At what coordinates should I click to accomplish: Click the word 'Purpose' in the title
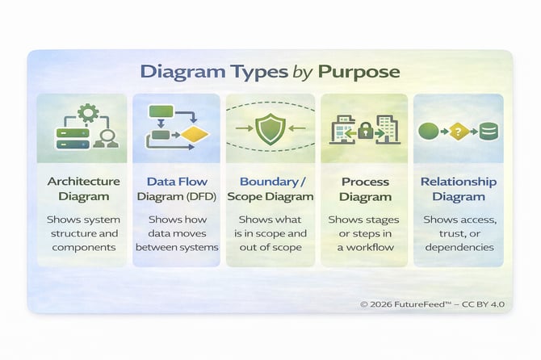[359, 71]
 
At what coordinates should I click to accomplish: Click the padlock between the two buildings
[365, 131]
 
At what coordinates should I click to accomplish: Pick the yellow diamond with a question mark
[457, 131]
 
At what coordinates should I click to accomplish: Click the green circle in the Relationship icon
[429, 131]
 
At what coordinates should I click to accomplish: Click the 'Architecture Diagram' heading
[83, 189]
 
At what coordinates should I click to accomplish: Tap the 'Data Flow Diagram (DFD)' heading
[175, 189]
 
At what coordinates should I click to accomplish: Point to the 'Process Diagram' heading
[365, 189]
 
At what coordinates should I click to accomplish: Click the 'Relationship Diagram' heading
[458, 189]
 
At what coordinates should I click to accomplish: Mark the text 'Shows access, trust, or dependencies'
[458, 233]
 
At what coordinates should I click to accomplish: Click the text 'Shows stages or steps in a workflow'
[365, 233]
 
